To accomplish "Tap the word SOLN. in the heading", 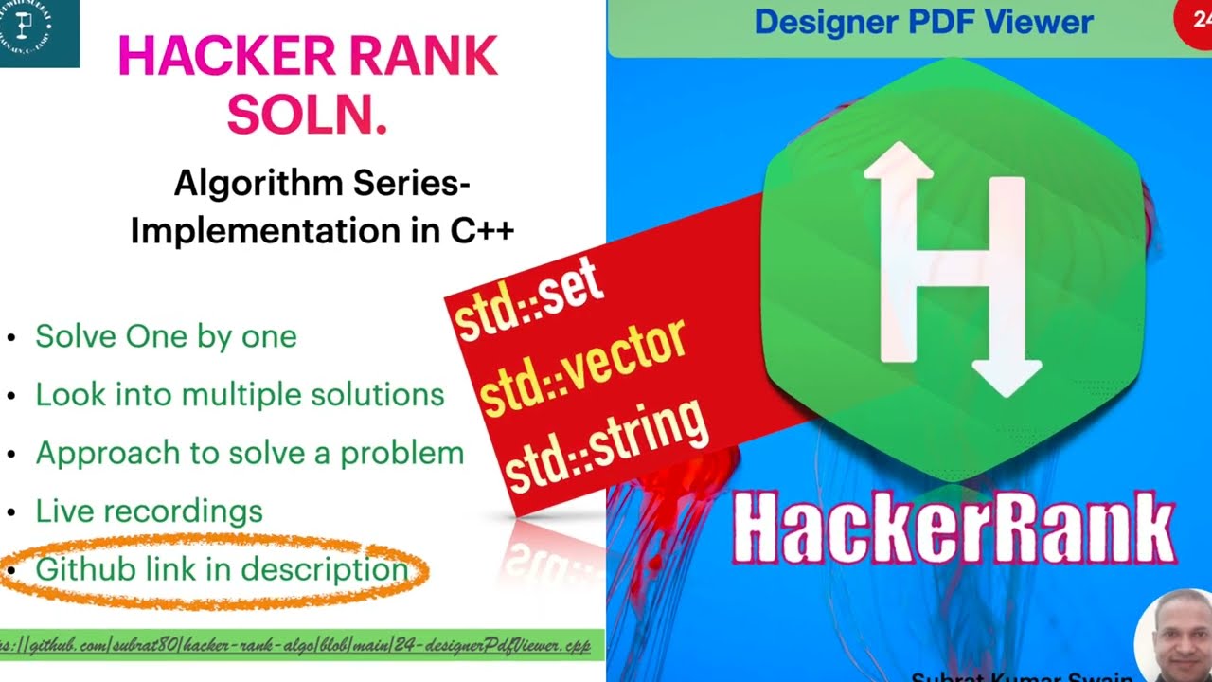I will click(x=308, y=115).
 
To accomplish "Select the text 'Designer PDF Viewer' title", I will click(x=923, y=22).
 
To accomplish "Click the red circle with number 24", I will click(x=1195, y=21).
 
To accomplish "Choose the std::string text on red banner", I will click(x=606, y=445).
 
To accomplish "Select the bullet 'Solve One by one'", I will click(x=166, y=336).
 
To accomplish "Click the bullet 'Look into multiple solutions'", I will click(x=240, y=394).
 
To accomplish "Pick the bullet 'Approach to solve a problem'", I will click(x=250, y=453).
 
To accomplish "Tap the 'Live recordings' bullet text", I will click(x=149, y=511).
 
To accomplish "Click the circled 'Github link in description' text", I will click(x=222, y=569).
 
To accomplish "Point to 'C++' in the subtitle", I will click(x=482, y=230).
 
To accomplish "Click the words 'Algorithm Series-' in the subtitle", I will click(x=322, y=183).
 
